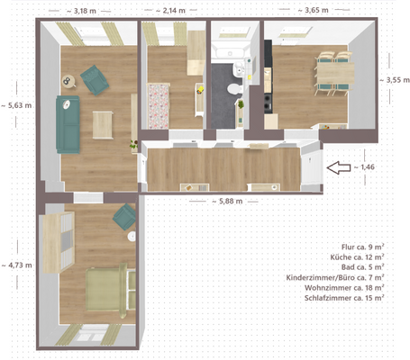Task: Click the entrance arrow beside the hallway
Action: point(339,166)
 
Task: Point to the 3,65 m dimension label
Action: point(322,11)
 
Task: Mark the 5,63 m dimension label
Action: point(18,104)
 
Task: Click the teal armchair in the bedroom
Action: point(123,216)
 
